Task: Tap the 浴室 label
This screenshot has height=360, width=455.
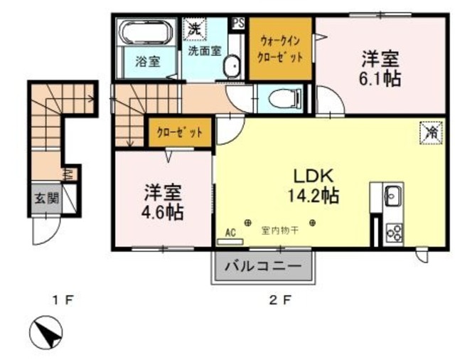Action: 147,63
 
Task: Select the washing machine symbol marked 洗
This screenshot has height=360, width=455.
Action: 193,29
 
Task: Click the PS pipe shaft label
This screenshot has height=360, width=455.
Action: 237,23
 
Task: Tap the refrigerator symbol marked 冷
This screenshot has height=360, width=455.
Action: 429,132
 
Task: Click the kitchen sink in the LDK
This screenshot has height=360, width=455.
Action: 393,196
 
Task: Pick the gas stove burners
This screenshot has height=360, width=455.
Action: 393,232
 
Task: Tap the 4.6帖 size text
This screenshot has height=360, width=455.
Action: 164,212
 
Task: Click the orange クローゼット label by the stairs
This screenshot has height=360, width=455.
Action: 180,132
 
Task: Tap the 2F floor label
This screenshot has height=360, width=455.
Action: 279,300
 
